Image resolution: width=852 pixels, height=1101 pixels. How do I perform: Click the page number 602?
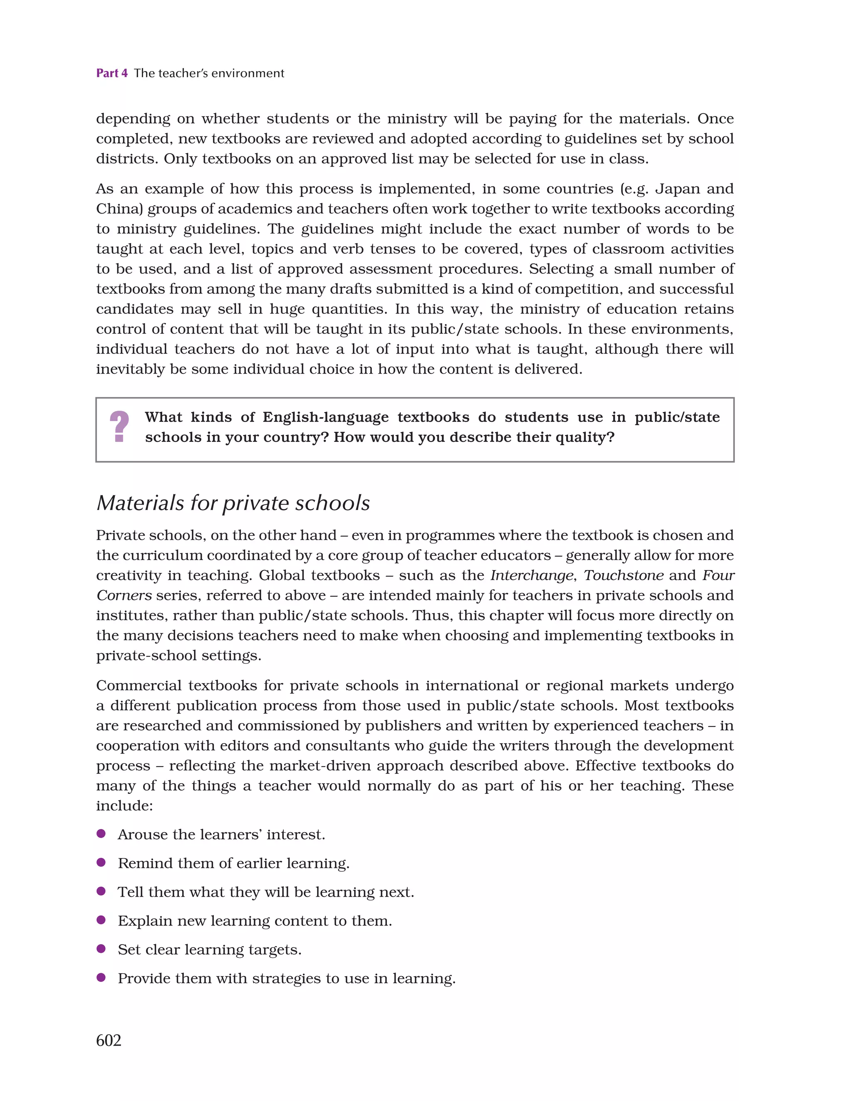[x=109, y=1041]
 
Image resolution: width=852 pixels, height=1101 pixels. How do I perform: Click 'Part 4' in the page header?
[x=112, y=73]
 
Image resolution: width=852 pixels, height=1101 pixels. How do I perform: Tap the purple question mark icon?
[x=119, y=427]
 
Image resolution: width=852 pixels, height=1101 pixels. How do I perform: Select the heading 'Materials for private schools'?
[x=233, y=503]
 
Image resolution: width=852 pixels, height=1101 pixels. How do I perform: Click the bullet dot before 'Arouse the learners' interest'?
[x=101, y=834]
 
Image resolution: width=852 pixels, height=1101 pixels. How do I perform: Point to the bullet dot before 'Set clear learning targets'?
[x=101, y=949]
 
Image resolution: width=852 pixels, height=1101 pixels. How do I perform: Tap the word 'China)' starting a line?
[x=119, y=209]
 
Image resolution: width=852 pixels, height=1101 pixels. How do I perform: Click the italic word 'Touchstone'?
[x=623, y=576]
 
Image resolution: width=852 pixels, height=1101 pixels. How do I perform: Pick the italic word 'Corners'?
[x=124, y=596]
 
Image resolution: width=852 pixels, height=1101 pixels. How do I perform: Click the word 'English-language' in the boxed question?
[x=326, y=417]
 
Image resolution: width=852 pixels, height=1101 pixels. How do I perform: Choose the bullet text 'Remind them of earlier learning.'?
[x=233, y=863]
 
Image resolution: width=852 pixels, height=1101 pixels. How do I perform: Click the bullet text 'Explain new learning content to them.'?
[x=255, y=921]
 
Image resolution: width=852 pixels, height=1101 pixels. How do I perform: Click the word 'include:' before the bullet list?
[x=124, y=806]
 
